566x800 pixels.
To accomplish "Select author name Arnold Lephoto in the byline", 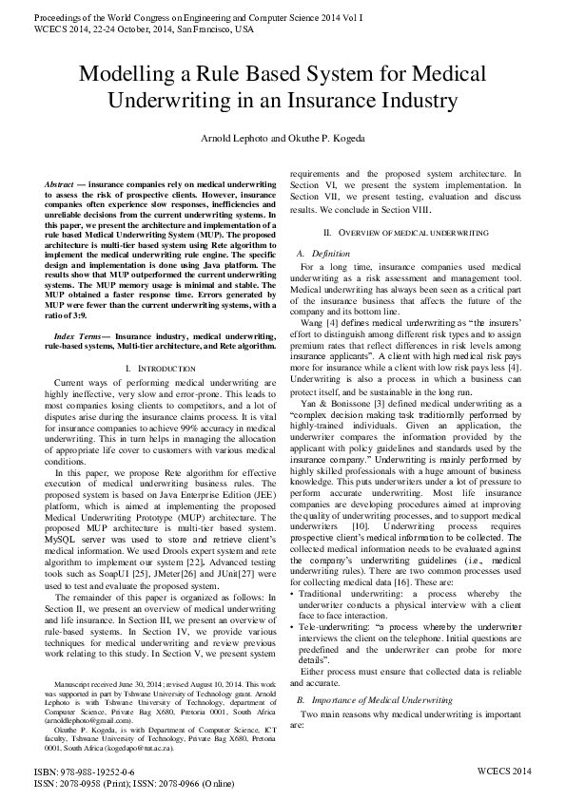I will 233,139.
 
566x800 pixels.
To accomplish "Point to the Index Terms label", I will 80,310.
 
